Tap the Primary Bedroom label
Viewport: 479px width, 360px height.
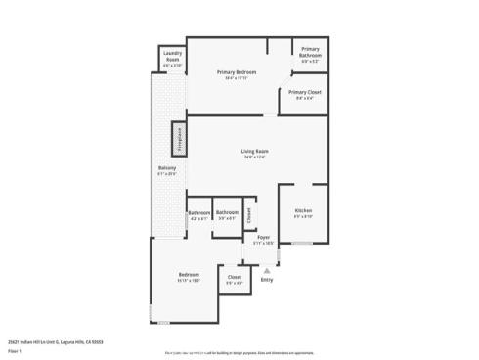[x=237, y=72]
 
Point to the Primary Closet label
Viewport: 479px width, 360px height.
[x=304, y=92]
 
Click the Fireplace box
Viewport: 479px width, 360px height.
[x=179, y=139]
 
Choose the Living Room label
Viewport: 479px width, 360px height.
[x=255, y=151]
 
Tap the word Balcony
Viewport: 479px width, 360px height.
[x=167, y=168]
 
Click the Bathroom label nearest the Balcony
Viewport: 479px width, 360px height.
[x=199, y=213]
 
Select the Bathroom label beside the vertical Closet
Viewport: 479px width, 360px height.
[x=228, y=213]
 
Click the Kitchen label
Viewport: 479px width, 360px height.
[x=303, y=211]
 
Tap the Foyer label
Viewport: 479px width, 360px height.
[x=263, y=238]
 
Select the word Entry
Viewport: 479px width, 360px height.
[x=267, y=280]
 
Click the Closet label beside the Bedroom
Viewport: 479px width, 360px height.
[x=235, y=278]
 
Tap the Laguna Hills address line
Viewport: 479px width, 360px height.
[x=55, y=341]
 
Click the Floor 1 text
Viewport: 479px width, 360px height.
[x=15, y=350]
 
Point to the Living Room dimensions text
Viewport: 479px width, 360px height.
[x=255, y=157]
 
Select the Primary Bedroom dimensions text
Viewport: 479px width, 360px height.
[x=237, y=79]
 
